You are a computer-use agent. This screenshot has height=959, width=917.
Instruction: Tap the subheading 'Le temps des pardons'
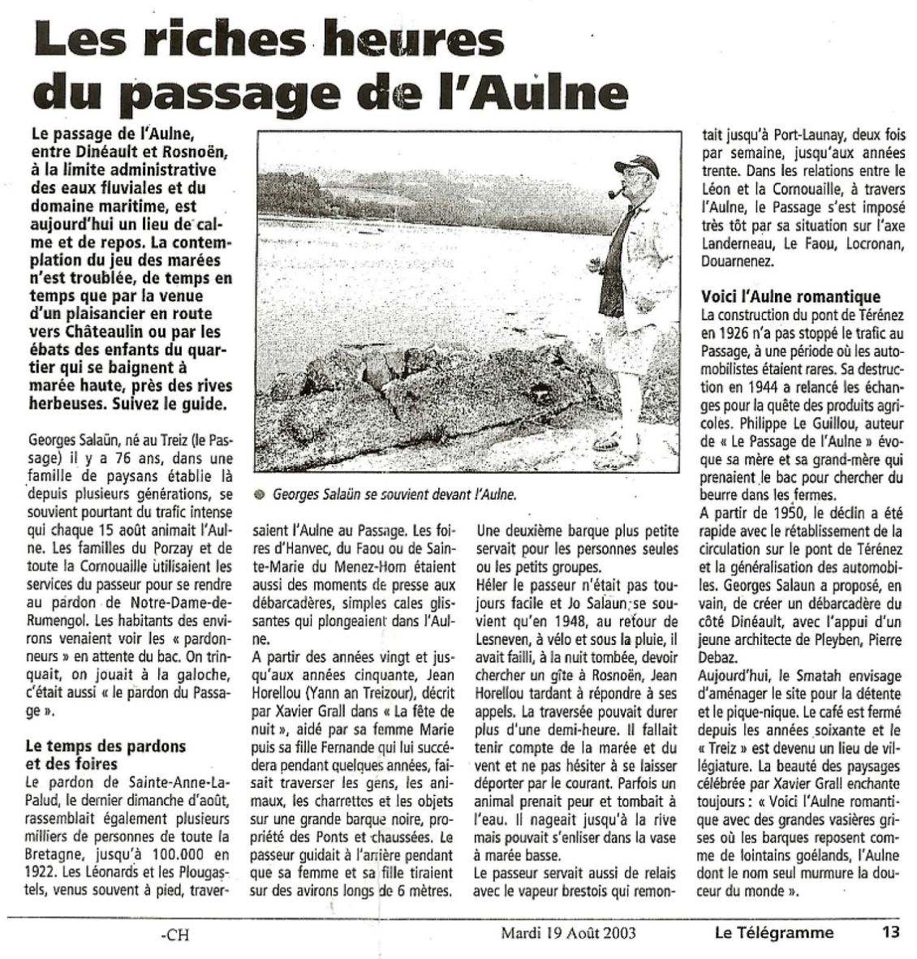105,746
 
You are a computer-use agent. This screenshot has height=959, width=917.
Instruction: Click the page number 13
891,933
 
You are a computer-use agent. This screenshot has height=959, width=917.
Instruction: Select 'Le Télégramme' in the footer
773,933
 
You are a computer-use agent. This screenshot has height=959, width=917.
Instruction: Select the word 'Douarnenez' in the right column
738,261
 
